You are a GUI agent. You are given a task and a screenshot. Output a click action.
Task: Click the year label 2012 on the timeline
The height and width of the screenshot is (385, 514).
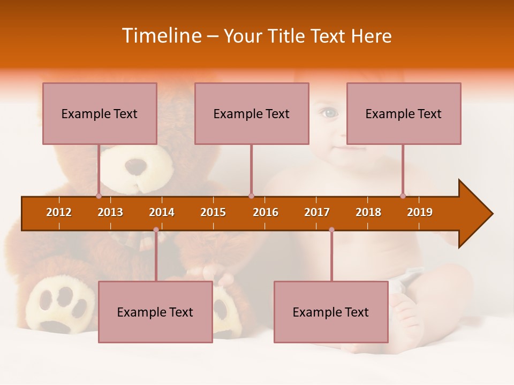click(x=59, y=212)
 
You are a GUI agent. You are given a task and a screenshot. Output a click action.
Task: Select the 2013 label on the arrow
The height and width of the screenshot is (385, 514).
click(x=110, y=212)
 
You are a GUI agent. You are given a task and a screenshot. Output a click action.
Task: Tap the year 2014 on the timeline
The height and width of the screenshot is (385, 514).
click(x=162, y=212)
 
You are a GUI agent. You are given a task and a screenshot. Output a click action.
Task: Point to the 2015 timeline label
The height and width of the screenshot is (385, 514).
click(x=213, y=212)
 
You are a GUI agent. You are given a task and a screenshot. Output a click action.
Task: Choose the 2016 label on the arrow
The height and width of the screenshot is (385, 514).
click(x=266, y=212)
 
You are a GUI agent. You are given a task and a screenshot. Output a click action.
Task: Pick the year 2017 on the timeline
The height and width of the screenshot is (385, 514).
click(x=317, y=212)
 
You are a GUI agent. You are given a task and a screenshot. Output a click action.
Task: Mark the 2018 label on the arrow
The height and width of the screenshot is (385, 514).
click(x=368, y=212)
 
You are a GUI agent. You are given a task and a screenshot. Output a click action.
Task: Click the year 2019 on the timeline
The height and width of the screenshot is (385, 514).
click(x=420, y=212)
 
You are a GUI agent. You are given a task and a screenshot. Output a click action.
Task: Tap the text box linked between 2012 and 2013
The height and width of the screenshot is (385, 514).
click(x=100, y=113)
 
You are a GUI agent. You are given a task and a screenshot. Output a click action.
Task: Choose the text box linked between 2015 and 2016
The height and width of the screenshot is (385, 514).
click(x=252, y=113)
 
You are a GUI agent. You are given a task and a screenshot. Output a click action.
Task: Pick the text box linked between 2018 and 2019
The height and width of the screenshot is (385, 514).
click(x=404, y=113)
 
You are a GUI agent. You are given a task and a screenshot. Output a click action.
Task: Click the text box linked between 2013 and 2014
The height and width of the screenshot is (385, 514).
click(x=155, y=312)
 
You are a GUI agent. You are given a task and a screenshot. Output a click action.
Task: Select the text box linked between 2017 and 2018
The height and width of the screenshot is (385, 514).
click(x=331, y=312)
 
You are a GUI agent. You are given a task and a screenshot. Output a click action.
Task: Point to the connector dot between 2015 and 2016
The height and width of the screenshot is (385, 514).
click(x=251, y=196)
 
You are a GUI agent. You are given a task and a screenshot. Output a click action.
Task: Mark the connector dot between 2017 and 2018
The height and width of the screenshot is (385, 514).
click(x=331, y=229)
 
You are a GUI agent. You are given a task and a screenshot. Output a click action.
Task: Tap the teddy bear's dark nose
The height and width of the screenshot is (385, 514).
click(x=134, y=167)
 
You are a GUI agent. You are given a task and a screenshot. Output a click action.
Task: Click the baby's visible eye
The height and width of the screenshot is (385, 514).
click(x=329, y=113)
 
